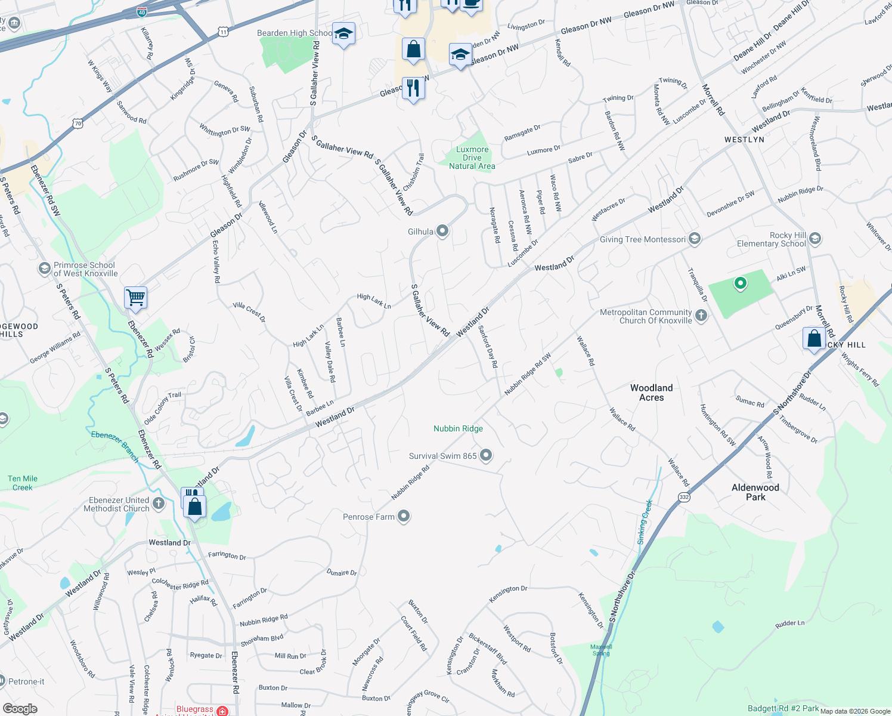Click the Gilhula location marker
coord(442,231)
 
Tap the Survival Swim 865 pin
coord(486,456)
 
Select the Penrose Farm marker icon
coord(404,516)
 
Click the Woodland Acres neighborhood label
coord(651,393)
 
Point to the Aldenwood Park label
coord(755,492)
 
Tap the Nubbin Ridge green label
coord(458,428)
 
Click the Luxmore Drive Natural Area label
coord(472,158)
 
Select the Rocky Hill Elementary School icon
coord(815,239)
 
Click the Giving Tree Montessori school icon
coord(694,239)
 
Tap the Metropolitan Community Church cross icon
coord(701,316)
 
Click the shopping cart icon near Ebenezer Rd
coord(135,297)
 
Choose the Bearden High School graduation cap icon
coord(343,34)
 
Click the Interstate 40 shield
coord(141,11)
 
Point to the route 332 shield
coord(684,496)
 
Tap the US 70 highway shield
coord(78,124)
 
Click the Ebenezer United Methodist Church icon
coord(158,504)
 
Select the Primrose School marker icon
coord(44,269)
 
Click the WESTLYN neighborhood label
coord(744,140)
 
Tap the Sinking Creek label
coord(645,521)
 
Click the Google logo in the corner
coord(20,708)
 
